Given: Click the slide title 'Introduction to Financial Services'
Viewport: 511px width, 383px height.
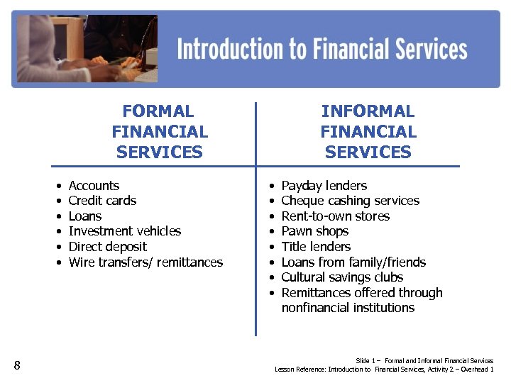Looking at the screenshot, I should click(x=322, y=49).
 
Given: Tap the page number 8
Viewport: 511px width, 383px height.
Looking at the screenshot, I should click(x=17, y=366).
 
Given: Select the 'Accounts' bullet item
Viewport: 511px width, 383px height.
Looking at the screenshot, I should click(x=94, y=186).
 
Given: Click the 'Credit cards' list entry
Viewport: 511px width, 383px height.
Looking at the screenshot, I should click(x=102, y=201).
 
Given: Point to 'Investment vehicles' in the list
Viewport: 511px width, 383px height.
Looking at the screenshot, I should click(x=124, y=231).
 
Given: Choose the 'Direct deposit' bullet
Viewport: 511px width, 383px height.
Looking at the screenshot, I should click(x=107, y=247).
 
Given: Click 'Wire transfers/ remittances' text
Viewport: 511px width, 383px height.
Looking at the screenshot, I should click(x=145, y=262).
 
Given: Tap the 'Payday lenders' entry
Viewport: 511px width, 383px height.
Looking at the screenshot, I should click(x=324, y=186).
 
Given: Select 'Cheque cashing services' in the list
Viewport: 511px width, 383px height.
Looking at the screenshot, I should click(x=350, y=201).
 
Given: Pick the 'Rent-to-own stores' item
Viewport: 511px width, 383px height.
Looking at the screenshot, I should click(x=335, y=216).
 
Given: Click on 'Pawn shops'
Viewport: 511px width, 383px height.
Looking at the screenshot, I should click(x=315, y=231).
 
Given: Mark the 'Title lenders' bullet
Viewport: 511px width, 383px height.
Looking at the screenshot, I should click(x=316, y=247).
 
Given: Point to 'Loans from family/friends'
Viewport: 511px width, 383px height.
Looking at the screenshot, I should click(x=353, y=262).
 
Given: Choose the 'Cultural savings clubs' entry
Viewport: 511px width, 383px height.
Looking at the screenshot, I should click(x=342, y=277).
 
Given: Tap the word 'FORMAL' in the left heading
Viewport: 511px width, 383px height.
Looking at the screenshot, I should click(x=158, y=111).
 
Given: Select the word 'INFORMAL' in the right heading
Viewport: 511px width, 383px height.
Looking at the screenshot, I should click(x=368, y=111).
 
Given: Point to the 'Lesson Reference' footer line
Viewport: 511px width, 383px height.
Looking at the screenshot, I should click(x=384, y=370).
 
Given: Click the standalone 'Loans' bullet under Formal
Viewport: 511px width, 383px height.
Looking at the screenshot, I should click(x=85, y=216).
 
